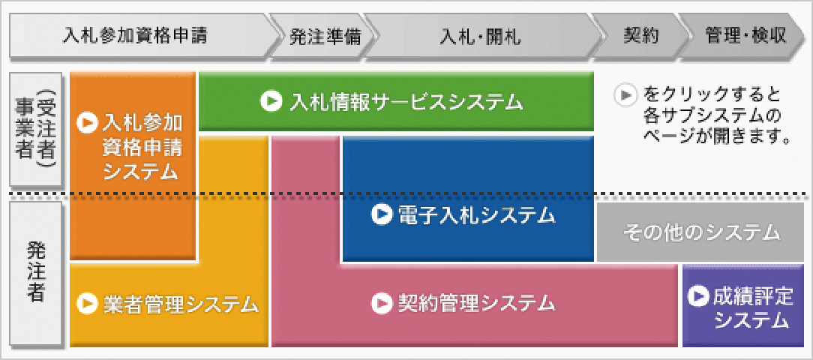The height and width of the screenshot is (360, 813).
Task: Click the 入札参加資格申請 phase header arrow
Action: [140, 35]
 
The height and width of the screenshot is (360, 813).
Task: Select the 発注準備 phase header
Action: [325, 35]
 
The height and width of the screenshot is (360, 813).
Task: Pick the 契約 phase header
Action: [641, 35]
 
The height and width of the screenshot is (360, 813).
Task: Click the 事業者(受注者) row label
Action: [35, 129]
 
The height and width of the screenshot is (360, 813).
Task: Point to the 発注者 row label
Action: [35, 273]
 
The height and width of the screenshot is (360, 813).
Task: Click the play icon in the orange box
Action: [86, 122]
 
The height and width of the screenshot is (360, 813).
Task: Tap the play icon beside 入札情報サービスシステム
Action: [271, 101]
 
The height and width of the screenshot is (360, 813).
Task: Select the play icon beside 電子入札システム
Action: [382, 214]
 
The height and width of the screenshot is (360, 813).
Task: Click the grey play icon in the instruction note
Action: [624, 95]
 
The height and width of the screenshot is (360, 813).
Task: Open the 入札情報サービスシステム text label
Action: [406, 102]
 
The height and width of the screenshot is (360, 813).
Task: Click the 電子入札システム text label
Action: [476, 214]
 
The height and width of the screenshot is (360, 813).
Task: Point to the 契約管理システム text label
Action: [476, 303]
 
